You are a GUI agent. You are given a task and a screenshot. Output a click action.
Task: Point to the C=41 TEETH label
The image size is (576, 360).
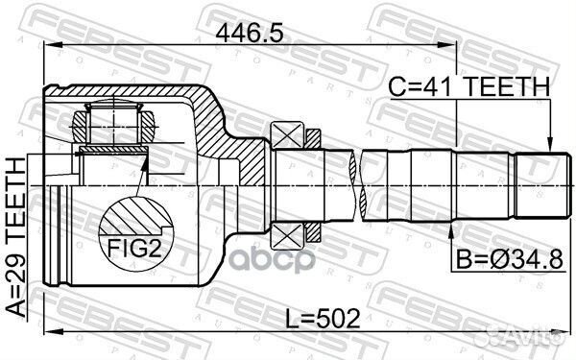click(x=469, y=87)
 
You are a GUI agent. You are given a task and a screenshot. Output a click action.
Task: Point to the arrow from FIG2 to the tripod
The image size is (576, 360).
click(x=144, y=178)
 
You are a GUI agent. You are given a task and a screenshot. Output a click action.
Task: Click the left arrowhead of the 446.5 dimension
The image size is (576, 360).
click(x=51, y=46)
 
